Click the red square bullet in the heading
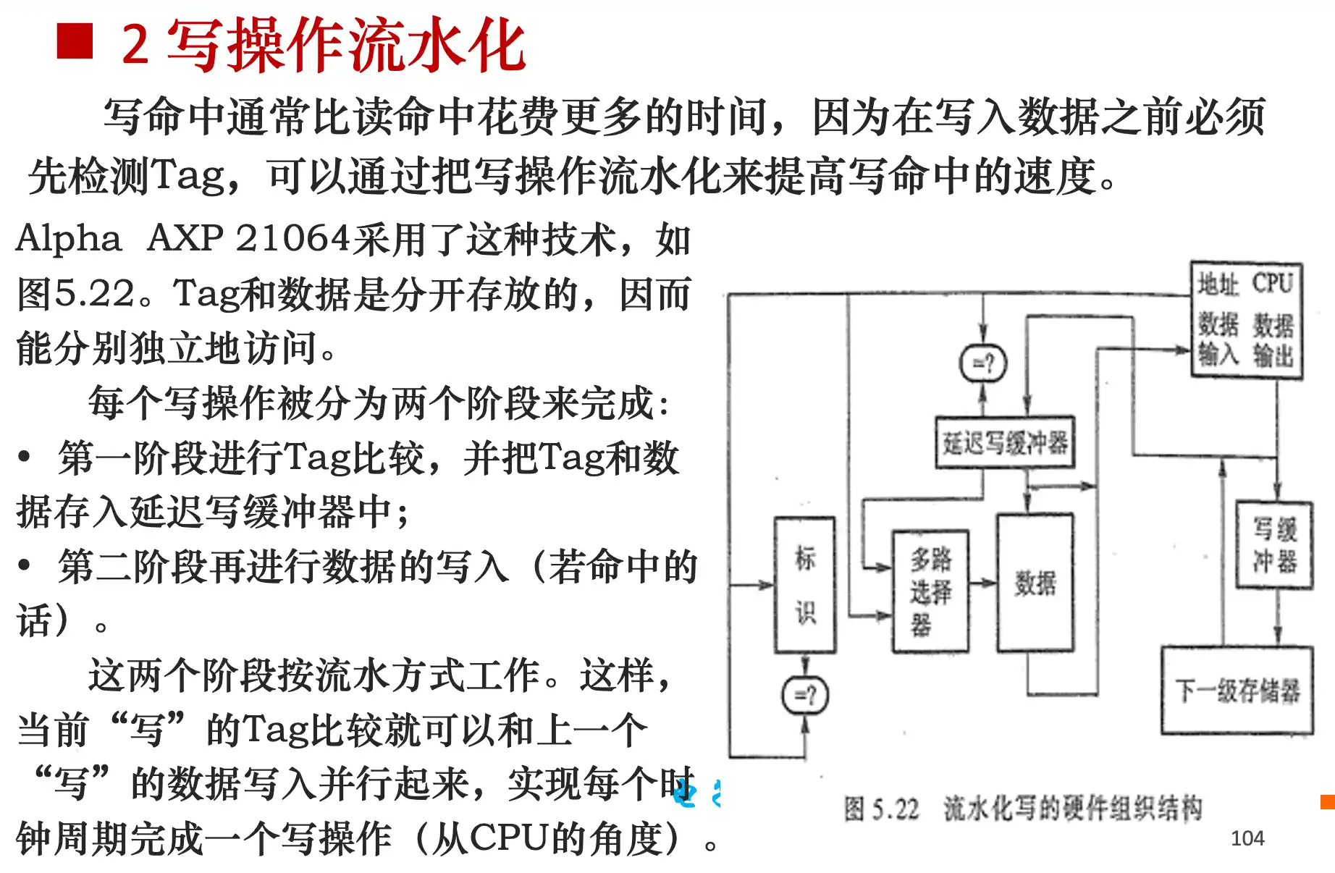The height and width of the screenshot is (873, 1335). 75,41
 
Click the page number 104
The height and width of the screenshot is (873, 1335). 1247,838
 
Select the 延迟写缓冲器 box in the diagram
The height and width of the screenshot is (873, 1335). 1005,442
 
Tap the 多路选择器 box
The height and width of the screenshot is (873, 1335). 930,591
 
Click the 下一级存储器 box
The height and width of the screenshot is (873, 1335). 1237,691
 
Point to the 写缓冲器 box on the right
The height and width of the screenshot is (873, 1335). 1274,545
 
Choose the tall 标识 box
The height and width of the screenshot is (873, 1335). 805,585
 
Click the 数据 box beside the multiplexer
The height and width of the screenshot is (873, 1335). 1035,583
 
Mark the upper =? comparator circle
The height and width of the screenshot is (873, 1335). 982,363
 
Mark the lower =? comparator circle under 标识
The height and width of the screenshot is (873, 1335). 805,696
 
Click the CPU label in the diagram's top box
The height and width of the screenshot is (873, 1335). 1272,283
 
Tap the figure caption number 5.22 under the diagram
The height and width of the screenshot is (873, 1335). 895,809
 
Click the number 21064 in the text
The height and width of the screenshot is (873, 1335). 293,238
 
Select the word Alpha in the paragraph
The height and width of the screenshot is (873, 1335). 69,238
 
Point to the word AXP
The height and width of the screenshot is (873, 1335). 185,238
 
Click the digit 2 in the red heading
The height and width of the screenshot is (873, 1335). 135,44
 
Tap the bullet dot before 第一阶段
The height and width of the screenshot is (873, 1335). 25,457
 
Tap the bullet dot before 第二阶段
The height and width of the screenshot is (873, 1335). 25,565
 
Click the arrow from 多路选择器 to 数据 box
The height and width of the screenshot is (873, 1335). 983,583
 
